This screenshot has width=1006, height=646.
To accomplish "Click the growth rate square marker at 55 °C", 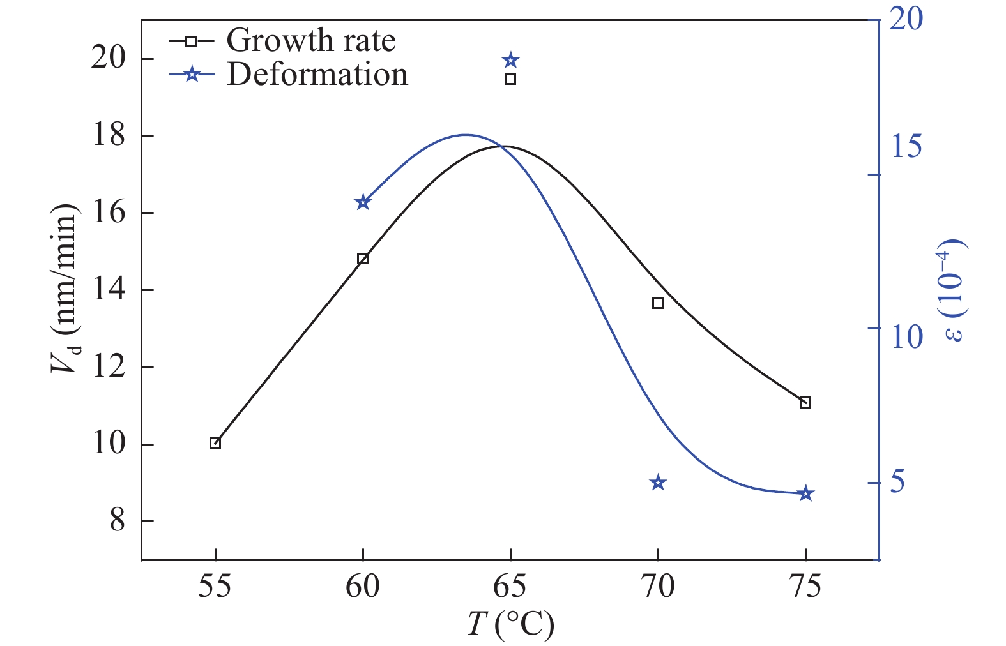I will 215,443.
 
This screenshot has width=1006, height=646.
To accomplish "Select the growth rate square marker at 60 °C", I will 363,259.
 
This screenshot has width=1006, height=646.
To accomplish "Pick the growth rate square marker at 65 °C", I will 510,79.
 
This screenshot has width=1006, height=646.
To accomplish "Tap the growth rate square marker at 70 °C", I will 658,303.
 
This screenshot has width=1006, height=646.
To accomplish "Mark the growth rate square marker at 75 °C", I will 805,402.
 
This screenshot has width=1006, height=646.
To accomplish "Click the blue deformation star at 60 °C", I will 363,202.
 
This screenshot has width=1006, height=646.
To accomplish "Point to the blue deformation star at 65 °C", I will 510,61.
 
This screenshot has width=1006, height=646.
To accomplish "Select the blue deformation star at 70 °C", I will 658,483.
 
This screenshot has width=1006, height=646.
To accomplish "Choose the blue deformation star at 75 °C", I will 805,493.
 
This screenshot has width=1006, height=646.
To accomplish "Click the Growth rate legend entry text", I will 311,41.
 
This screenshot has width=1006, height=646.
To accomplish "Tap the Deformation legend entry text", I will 317,75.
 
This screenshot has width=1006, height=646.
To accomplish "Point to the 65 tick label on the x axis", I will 510,587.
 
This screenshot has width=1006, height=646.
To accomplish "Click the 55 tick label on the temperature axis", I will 215,587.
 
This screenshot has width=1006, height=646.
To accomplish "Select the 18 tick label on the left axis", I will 109,135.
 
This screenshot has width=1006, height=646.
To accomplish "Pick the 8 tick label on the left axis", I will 118,521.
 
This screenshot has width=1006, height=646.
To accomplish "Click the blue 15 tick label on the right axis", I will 906,146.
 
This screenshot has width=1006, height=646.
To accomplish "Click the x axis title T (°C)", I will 510,624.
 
